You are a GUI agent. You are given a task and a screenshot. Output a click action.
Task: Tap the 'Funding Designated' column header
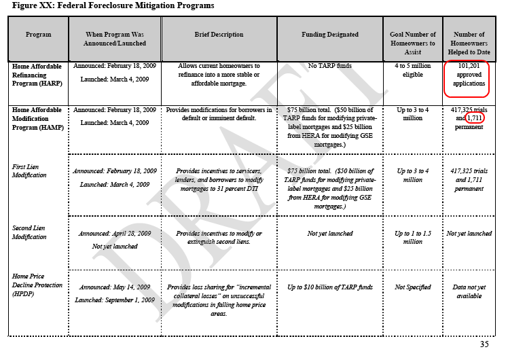pos(330,34)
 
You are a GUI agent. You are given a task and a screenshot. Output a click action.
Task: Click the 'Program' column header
pos(38,34)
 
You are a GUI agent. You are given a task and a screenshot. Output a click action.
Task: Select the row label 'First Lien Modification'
pos(30,170)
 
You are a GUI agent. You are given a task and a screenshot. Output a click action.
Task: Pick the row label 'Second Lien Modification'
pos(30,232)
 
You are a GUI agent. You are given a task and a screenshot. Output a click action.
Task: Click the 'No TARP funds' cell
pos(330,67)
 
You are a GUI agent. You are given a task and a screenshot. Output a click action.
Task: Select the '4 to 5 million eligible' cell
pos(412,71)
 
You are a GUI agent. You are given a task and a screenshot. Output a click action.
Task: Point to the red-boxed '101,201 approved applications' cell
pos(469,75)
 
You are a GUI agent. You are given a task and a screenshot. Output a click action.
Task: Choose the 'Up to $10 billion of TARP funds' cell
pos(330,287)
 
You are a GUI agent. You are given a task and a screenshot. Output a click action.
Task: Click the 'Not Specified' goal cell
pos(412,287)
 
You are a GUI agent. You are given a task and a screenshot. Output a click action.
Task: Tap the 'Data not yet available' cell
pos(469,291)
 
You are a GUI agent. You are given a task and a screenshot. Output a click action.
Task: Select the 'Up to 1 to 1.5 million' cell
pos(412,237)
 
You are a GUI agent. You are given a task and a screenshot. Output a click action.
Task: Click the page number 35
pos(484,344)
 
